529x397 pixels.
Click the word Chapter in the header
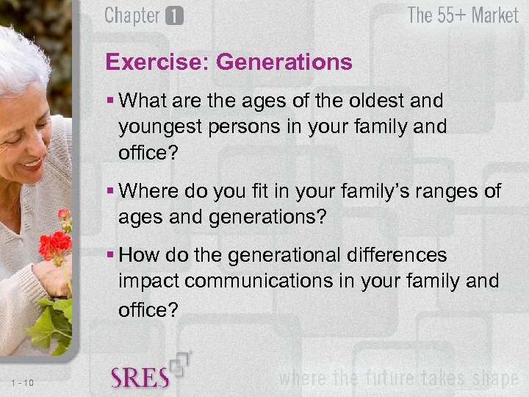[x=133, y=15]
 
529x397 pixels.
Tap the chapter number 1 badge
[x=174, y=16]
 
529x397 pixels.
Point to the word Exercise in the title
[x=157, y=62]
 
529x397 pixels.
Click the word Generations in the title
[x=284, y=62]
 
